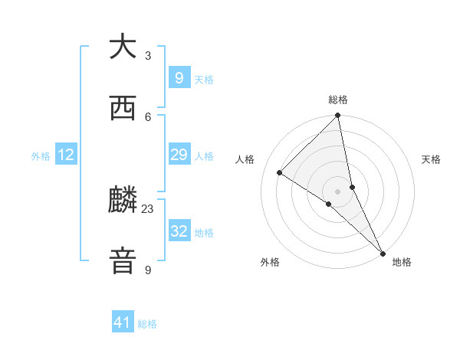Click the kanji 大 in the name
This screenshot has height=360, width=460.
coord(123,47)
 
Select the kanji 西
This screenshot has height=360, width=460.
coord(123,109)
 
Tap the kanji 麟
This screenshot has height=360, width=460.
coord(123,201)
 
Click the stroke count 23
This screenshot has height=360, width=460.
coord(148,208)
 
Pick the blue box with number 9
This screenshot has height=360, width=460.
coord(179,78)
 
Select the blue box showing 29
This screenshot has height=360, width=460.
coord(179,155)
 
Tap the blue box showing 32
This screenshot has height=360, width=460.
coord(179,231)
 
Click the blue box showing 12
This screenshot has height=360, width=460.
coord(66,155)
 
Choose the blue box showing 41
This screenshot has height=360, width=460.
coord(123,322)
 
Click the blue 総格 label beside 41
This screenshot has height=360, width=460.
coord(148,324)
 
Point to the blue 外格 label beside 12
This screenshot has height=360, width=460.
coord(41,156)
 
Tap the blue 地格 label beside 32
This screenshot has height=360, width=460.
coord(204,233)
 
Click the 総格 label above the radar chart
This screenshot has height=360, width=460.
coord(338,100)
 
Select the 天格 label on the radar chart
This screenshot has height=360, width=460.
coord(431,159)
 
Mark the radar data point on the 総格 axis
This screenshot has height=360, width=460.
coord(338,116)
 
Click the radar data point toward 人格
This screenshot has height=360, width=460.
coord(280,173)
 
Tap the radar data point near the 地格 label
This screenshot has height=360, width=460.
coord(383,253)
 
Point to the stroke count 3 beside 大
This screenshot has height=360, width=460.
coord(148,55)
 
